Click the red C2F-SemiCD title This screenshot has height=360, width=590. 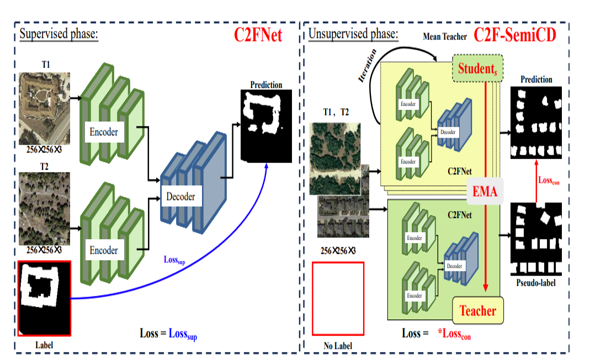tap(514, 35)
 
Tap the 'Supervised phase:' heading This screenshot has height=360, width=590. tap(59, 34)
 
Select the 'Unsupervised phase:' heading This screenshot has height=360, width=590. tap(353, 34)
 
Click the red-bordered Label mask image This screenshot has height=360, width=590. tap(45, 298)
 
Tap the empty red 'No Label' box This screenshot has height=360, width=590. tap(338, 298)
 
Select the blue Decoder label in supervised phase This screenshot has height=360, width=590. tap(180, 196)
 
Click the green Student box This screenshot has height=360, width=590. tap(476, 69)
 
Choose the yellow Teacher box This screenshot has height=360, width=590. tap(478, 311)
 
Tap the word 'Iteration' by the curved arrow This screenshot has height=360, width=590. tap(368, 65)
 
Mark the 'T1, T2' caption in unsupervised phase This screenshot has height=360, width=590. tap(336, 112)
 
